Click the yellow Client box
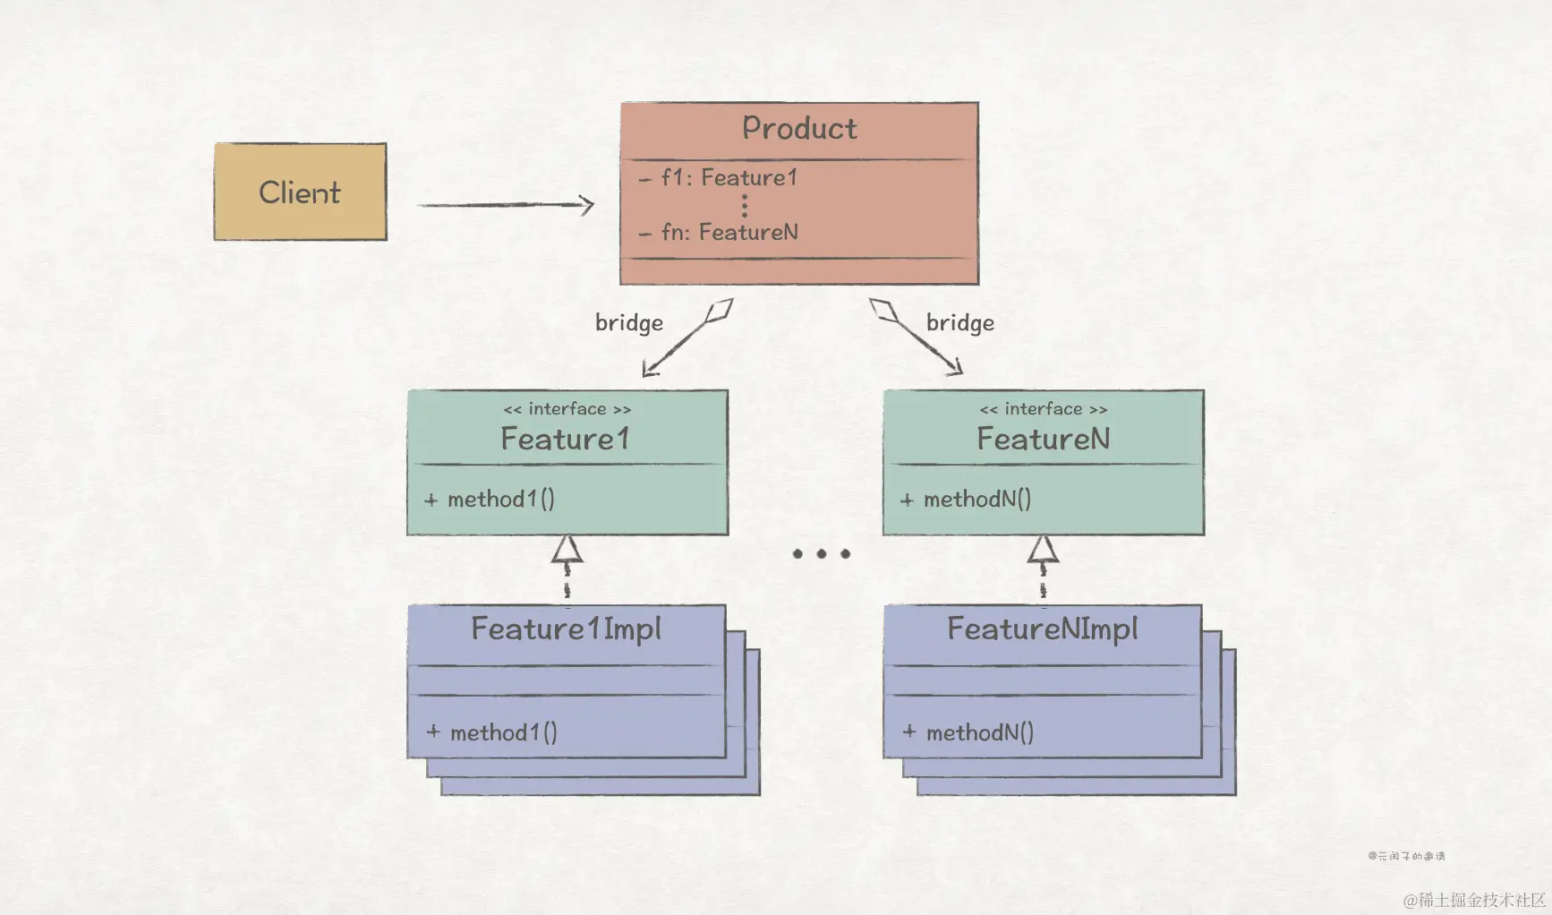[300, 192]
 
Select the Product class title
[799, 129]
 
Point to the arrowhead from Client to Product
[586, 205]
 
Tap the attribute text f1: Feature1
[729, 178]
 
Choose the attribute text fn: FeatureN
[729, 233]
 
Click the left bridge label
[629, 323]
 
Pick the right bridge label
[959, 323]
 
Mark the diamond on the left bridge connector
[719, 312]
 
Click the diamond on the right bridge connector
[883, 311]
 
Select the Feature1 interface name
[566, 440]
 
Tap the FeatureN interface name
[1043, 440]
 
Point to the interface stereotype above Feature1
[567, 409]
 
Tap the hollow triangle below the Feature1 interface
[567, 549]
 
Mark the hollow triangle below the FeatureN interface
[1043, 549]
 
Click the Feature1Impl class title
[566, 629]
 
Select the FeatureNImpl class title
[1042, 629]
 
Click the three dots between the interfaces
[821, 554]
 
